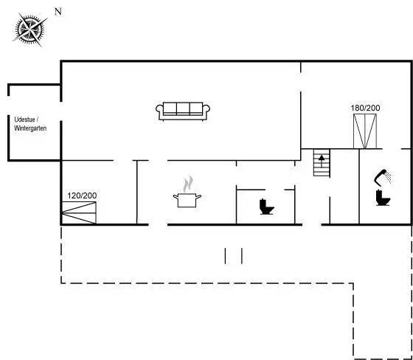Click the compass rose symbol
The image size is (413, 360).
coord(29,29)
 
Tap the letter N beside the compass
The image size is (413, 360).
coord(58,12)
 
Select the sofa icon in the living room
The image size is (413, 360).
coord(183,111)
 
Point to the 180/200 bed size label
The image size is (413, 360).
coord(365,108)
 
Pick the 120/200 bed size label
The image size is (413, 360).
coord(82,195)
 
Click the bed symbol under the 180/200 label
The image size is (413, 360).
coord(365,131)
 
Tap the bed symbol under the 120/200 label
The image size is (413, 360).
coord(79,212)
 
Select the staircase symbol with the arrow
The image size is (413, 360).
coord(322,162)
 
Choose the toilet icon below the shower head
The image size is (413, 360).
coord(383,197)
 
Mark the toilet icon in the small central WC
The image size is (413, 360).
coord(266,207)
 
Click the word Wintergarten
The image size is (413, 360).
coord(30,128)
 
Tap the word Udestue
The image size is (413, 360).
coord(25,120)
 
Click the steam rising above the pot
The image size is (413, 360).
coord(188,184)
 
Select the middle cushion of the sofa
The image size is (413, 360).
coord(183,109)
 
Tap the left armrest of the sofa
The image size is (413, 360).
coord(159,111)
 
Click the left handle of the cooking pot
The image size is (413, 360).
coord(176,196)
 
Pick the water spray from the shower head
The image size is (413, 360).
coord(388,176)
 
